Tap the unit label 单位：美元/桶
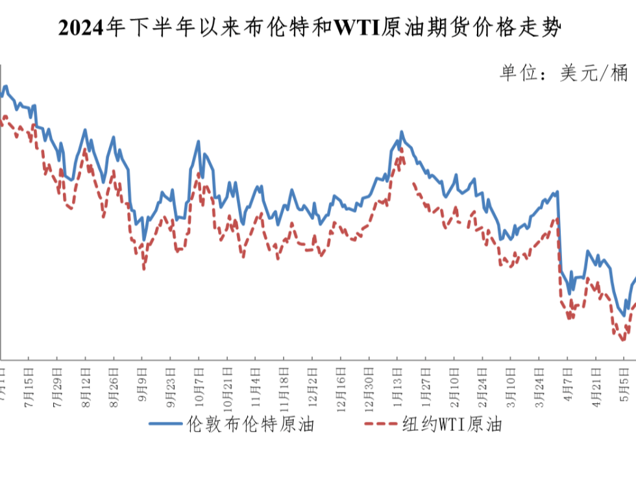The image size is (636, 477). point(563,72)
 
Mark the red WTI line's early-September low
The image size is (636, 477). point(143,268)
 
